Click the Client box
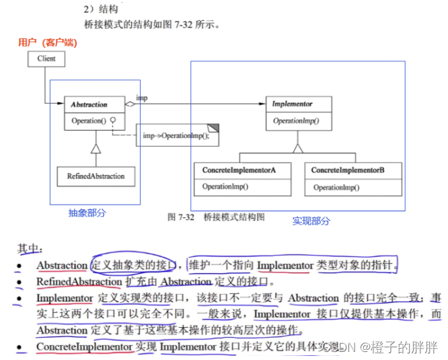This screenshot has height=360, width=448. click(x=46, y=59)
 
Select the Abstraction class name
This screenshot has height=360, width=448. click(x=89, y=105)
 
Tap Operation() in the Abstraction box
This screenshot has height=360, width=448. click(x=89, y=121)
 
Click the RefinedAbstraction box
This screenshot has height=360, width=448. click(x=96, y=176)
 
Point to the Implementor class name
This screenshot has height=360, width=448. click(x=292, y=105)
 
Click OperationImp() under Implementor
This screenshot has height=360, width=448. click(x=296, y=121)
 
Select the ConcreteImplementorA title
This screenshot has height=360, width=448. click(x=239, y=171)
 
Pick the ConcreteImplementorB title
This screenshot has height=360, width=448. click(x=348, y=171)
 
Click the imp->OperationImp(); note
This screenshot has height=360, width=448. click(x=176, y=135)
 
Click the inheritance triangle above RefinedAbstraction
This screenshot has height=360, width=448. click(x=96, y=147)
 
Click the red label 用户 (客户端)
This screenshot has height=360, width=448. click(x=47, y=42)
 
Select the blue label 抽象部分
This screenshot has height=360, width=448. click(x=87, y=213)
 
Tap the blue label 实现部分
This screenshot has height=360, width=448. click(x=311, y=220)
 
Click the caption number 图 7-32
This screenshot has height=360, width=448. click(x=181, y=217)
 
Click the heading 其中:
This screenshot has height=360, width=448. click(x=30, y=249)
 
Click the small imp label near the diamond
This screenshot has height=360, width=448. click(x=142, y=98)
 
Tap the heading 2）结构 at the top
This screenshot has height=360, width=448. click(x=101, y=9)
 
